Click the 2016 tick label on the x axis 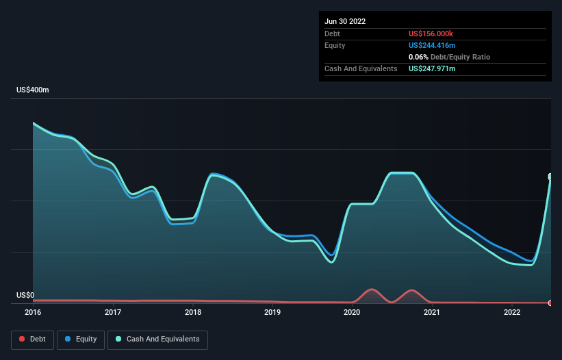coord(33,313)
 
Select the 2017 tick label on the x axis coord(113,313)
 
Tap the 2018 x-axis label coord(193,313)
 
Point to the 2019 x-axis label coord(272,313)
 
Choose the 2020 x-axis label coord(352,313)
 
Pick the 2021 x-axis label coord(432,313)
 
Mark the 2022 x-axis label coord(511,313)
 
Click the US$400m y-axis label coord(33,90)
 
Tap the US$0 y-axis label coord(25,296)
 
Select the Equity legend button coord(81,339)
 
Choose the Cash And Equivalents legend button coord(157,339)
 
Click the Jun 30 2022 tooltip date coord(345,21)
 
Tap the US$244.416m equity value coord(432,45)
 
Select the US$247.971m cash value coord(432,69)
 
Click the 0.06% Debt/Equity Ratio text coord(449,57)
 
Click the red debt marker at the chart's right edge coord(550,303)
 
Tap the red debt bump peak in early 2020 coord(371,290)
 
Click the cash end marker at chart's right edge coord(550,177)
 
